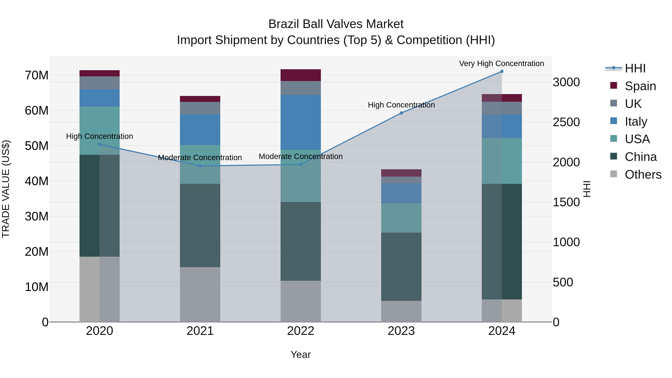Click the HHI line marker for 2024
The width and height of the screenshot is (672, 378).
pos(501,71)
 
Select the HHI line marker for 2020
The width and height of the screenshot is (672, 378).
pos(99,144)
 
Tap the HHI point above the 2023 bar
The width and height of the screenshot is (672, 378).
pos(401,113)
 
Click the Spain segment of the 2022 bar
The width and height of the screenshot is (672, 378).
pos(301,75)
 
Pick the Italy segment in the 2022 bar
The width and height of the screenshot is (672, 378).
pos(301,122)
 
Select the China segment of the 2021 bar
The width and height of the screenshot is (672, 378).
pos(200,225)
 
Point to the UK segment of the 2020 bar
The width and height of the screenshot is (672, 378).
pos(99,83)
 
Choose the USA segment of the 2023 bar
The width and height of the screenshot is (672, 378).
pos(401,218)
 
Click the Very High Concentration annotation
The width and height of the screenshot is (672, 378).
pos(501,63)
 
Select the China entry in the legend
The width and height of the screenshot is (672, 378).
pos(640,157)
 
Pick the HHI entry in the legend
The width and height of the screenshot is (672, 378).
pos(635,68)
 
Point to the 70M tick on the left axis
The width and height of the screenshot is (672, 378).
pos(37,75)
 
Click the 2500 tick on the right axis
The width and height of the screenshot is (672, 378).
pos(566,122)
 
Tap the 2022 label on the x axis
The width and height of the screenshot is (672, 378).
pos(301,331)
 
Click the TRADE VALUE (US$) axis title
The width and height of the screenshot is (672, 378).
pos(6,189)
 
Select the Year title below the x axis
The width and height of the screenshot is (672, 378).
pos(301,354)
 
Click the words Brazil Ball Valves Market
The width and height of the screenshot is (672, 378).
pos(336,24)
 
